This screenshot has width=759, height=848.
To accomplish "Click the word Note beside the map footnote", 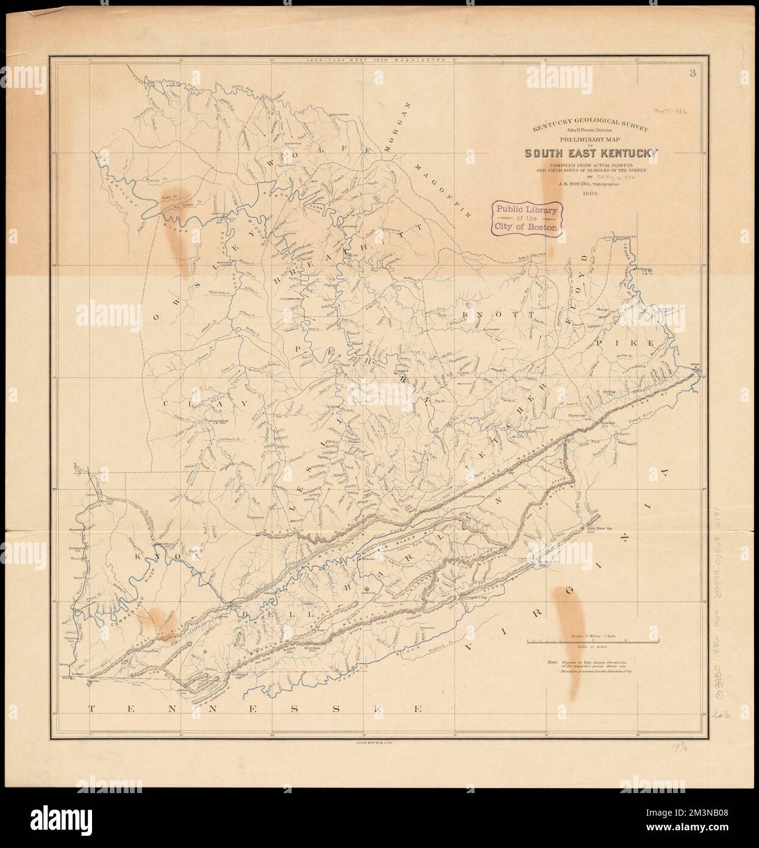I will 552,662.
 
